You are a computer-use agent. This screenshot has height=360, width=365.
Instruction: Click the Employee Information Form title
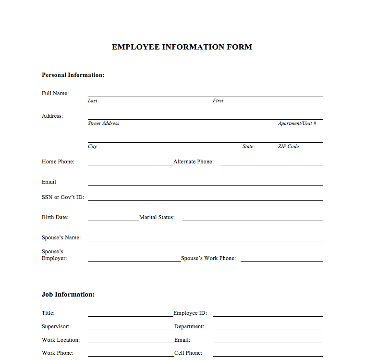[182, 47]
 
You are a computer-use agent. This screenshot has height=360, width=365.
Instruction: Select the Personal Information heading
[73, 75]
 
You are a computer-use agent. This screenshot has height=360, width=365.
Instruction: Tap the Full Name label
[55, 93]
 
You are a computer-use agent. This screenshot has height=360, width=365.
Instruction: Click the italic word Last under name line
[93, 101]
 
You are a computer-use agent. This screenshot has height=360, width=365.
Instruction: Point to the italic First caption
[218, 101]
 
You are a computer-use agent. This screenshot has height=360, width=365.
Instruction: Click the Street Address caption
[103, 124]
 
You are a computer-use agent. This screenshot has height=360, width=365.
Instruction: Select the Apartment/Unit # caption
[297, 124]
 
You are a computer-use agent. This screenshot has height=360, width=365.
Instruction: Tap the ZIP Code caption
[288, 147]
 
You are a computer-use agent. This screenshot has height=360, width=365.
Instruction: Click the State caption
[248, 147]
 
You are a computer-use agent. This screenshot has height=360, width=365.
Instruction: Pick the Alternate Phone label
[194, 162]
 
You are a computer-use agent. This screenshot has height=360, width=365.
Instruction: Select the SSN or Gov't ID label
[63, 198]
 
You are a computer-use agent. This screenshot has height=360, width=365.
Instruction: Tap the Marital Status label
[157, 218]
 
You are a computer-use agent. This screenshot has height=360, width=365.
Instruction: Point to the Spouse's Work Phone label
[208, 259]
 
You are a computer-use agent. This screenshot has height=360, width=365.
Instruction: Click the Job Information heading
[68, 295]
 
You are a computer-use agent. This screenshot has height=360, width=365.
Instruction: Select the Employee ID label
[190, 313]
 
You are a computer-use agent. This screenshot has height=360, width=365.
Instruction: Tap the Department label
[189, 327]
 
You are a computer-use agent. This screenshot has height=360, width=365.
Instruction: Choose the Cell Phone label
[188, 353]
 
